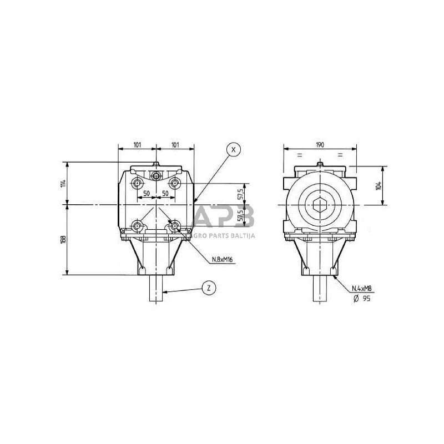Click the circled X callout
[234, 149]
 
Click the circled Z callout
[208, 288]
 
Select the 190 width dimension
[320, 144]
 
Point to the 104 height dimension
[378, 185]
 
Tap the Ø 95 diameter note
[361, 298]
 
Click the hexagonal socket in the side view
[320, 206]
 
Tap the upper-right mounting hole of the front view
[175, 183]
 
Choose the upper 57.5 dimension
[240, 194]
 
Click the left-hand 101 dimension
[137, 144]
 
